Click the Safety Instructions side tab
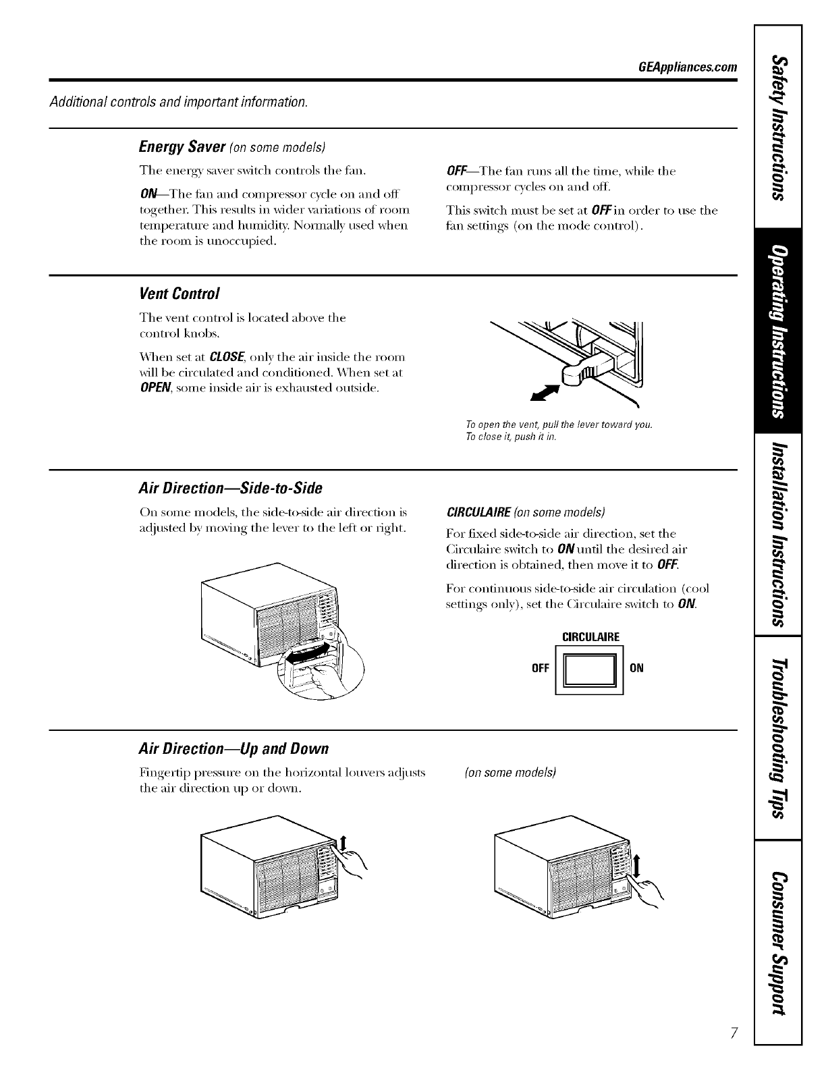(778, 128)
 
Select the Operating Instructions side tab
(778, 333)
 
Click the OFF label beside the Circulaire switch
(540, 669)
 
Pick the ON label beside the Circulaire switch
(636, 669)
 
